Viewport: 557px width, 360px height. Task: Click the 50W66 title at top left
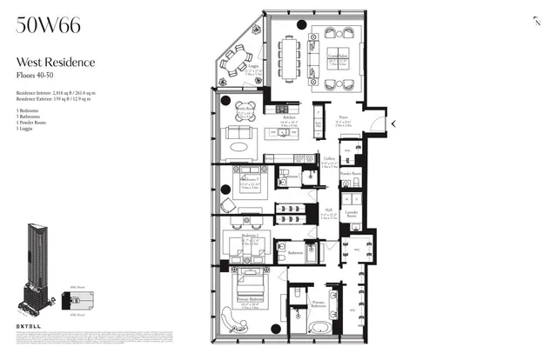tap(49, 25)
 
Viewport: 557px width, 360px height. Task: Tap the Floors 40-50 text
tap(40, 74)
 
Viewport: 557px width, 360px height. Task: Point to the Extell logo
tap(30, 326)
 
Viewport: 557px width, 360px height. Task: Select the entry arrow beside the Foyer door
tap(393, 123)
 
